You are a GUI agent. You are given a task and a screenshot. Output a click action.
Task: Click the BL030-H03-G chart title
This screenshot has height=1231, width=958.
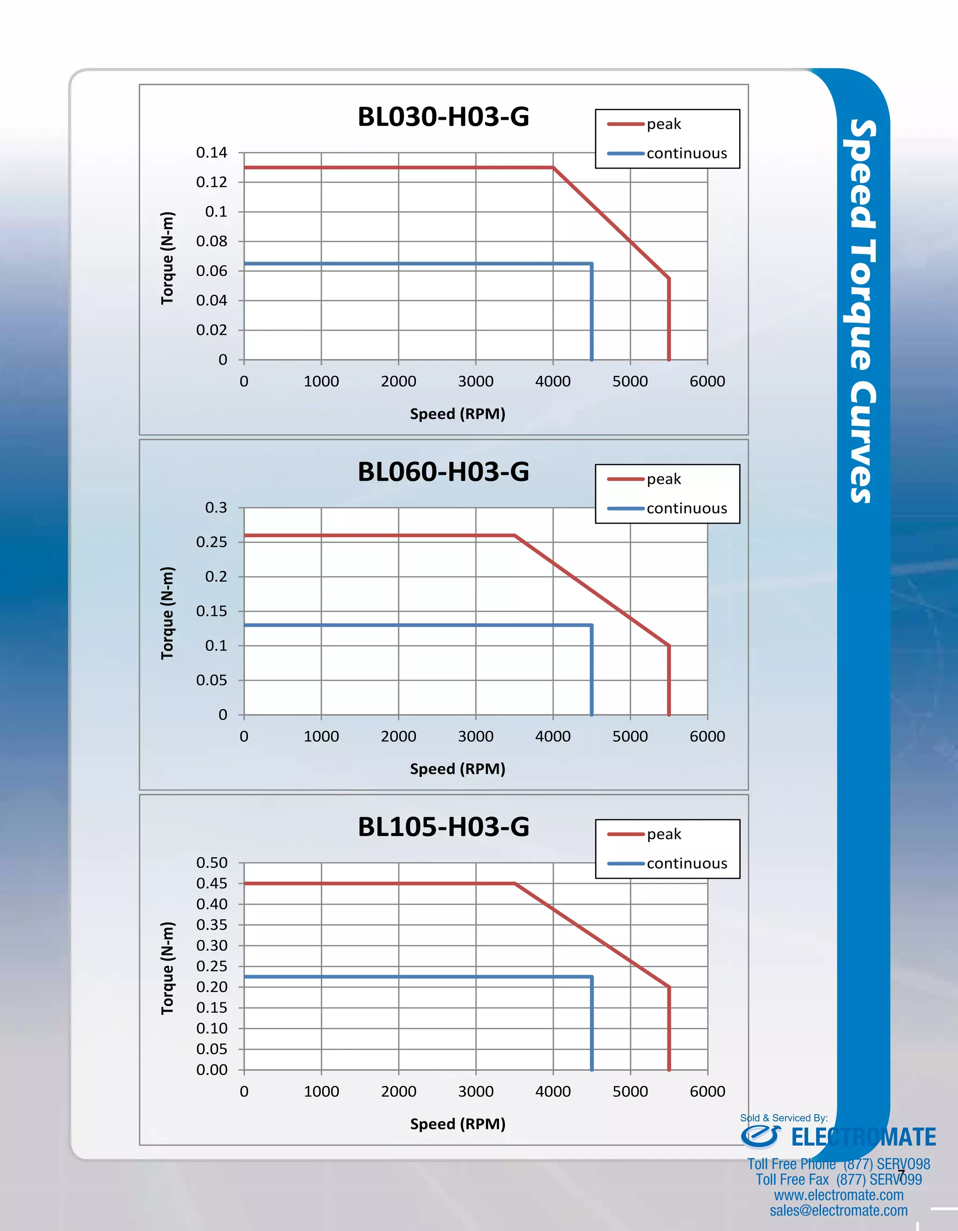[x=443, y=117]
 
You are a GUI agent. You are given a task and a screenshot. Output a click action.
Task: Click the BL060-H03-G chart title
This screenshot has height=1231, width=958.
[x=443, y=472]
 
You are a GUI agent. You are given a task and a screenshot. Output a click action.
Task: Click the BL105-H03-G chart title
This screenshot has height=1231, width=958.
[x=443, y=827]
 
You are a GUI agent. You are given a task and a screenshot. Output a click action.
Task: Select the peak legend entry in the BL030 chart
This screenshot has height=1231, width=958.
[x=663, y=124]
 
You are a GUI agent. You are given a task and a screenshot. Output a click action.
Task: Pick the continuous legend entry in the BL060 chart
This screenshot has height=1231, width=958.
[x=686, y=508]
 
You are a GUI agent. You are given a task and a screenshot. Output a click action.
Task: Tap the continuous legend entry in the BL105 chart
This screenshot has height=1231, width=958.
[x=686, y=864]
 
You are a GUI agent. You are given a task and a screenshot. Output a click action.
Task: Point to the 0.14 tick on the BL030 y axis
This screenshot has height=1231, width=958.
[x=211, y=153]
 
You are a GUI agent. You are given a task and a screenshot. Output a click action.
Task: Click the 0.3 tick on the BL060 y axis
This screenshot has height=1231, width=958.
[x=216, y=508]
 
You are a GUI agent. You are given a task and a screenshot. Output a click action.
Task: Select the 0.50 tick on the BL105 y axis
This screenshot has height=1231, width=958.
[x=211, y=863]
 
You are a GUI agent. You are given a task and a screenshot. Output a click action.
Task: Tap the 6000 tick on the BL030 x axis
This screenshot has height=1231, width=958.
[x=707, y=382]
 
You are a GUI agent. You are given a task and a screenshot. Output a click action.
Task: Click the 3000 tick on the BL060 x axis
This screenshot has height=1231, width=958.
[x=475, y=737]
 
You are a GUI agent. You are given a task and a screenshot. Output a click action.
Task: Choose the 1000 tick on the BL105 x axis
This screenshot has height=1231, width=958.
[x=321, y=1092]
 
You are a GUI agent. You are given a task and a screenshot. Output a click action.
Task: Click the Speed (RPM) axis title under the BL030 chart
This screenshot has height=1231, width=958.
[x=457, y=414]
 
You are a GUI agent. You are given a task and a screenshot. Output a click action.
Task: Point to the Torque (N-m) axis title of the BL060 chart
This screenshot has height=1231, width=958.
[x=167, y=613]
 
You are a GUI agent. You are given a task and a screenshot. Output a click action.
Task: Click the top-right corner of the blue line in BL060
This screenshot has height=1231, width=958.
[x=591, y=625]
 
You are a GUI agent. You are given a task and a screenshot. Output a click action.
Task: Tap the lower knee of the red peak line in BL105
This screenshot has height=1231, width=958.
[x=669, y=987]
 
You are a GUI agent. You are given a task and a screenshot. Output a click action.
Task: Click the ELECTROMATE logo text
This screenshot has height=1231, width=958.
[x=863, y=1137]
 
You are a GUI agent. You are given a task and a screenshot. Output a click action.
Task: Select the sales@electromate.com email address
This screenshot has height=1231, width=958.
[x=838, y=1211]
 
